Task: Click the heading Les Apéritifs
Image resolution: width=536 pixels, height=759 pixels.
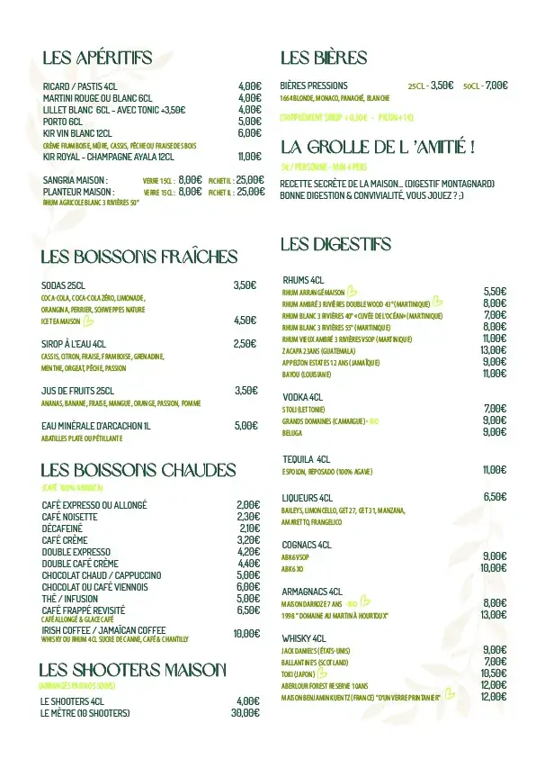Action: coord(97,59)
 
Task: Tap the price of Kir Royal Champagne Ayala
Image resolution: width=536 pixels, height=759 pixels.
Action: coord(249,156)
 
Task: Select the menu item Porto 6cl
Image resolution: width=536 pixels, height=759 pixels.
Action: coord(62,121)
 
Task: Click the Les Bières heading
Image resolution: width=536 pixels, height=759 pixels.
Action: coord(324,59)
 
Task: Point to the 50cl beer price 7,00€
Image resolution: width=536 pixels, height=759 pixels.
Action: coord(496,86)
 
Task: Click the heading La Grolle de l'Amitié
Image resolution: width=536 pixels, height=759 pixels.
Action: coord(378,147)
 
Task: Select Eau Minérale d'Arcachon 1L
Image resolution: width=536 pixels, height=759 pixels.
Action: coord(96,426)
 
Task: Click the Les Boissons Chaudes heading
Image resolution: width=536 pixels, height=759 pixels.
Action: coord(138,470)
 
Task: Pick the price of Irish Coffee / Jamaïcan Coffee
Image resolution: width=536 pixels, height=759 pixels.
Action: coord(246,633)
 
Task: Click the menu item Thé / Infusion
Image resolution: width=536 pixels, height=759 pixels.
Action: coord(70,598)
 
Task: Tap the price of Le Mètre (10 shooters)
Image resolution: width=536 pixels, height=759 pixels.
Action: coord(245,712)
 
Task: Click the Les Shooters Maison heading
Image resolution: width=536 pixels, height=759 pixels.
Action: coord(132,670)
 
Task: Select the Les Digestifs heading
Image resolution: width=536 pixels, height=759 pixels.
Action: coord(335,244)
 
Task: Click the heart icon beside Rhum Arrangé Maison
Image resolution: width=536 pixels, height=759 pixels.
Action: coord(353,291)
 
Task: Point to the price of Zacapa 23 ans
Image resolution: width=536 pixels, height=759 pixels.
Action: coord(493,350)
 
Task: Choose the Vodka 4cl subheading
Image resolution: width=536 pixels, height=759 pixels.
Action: coord(303,397)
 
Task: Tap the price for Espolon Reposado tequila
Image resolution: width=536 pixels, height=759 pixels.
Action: coord(494,469)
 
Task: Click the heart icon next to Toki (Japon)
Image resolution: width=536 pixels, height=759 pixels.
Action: coord(324,672)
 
